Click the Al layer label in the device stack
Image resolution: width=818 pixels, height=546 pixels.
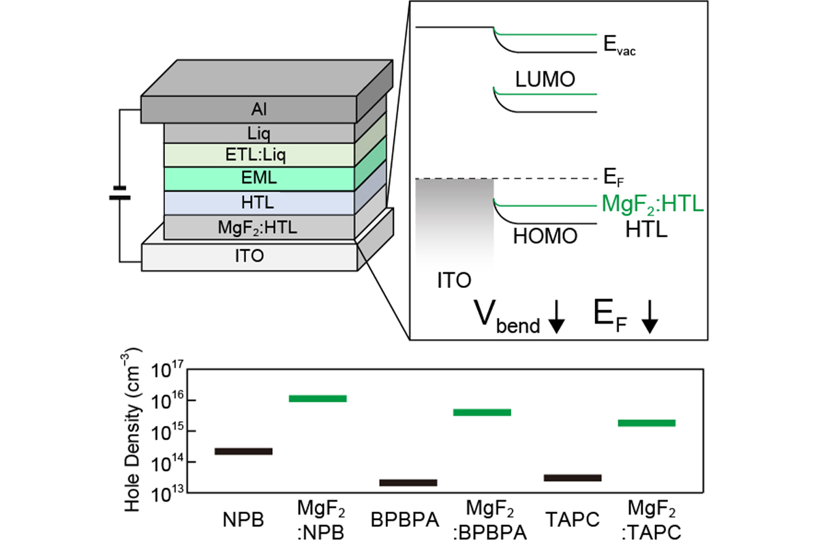pos(258,109)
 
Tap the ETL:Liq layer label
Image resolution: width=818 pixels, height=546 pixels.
pos(258,155)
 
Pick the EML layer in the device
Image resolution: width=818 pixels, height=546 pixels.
pos(258,179)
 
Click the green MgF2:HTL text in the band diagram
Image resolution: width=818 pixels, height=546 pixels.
pos(652,204)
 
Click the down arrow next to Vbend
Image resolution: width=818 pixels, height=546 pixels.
pos(556,319)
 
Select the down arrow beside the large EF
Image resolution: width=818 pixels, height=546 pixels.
pos(650,319)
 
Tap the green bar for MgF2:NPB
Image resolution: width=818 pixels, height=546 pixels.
pos(318,398)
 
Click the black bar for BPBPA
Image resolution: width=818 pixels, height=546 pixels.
pos(408,483)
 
